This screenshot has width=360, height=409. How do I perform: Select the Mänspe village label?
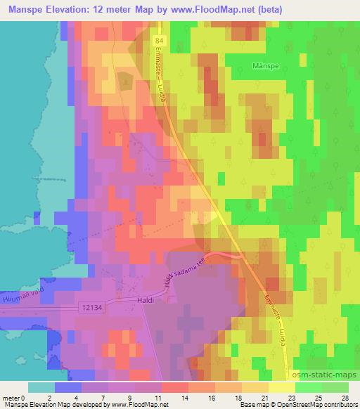click(266, 68)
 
